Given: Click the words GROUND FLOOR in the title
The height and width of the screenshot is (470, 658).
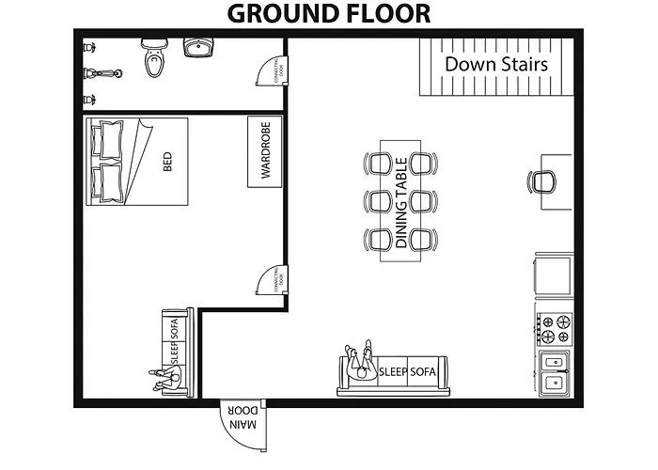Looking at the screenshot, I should pos(328,13).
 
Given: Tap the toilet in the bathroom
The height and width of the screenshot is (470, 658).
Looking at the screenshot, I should pos(153,60).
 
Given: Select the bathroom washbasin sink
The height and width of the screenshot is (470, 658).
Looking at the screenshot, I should pos(198,48).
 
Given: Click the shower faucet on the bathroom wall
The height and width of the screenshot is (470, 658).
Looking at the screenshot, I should pos(88,72).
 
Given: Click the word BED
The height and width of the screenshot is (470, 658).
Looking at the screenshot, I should pos(168,163).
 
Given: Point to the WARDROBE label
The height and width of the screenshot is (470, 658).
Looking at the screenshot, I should pos(265,151).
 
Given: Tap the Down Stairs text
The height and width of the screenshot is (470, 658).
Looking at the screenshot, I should pos(495,64).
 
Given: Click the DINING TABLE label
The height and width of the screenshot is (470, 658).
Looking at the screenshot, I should pos(401,200).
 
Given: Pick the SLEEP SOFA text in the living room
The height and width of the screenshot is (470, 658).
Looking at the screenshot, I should pos(407,371).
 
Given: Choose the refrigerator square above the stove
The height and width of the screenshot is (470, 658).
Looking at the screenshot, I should pos(554,274).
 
